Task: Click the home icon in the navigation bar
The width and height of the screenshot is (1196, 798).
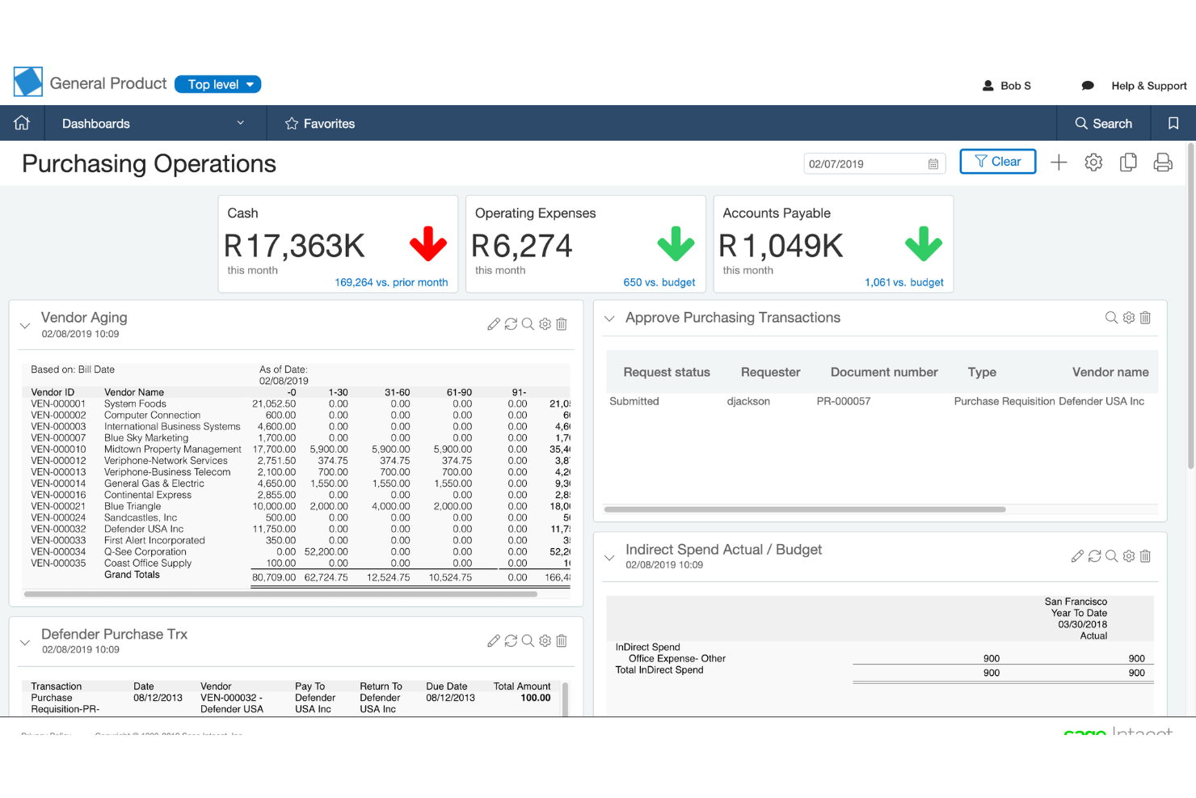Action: point(22,123)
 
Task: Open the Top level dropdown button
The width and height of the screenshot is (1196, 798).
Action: point(217,84)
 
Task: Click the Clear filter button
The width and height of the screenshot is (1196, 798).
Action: point(997,162)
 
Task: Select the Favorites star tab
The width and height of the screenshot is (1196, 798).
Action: point(320,124)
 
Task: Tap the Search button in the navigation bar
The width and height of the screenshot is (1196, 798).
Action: point(1103,124)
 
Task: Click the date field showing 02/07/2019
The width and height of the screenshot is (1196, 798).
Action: point(865,164)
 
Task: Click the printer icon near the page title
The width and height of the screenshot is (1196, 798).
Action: point(1162,163)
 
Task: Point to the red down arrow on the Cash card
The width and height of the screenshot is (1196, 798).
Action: point(427,243)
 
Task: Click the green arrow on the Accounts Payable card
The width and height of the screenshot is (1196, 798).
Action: point(923,243)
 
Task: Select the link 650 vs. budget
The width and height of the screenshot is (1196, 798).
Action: point(659,282)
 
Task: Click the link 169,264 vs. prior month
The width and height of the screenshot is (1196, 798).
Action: point(391,282)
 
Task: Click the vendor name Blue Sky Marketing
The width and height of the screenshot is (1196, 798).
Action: point(146,437)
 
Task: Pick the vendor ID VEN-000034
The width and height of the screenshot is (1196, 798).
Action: point(58,551)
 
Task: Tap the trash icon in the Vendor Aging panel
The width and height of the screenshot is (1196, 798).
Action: point(562,324)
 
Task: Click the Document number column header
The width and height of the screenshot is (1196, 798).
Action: point(884,372)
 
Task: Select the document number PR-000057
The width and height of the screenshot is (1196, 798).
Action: point(843,401)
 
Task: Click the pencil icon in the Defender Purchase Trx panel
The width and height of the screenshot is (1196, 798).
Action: point(493,641)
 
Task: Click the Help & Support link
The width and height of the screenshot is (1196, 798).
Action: point(1148,86)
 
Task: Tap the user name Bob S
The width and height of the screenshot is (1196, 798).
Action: point(1015,86)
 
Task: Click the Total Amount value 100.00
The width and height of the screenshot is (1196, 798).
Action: point(535,698)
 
